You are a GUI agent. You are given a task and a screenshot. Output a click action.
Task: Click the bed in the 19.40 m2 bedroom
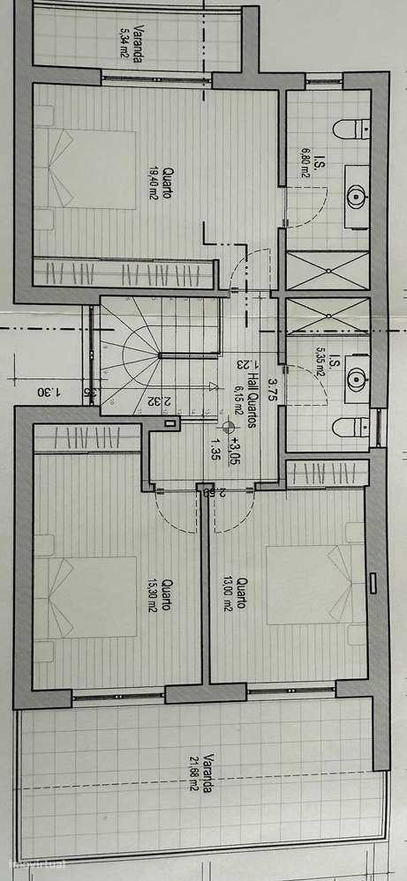(x=85, y=170)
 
